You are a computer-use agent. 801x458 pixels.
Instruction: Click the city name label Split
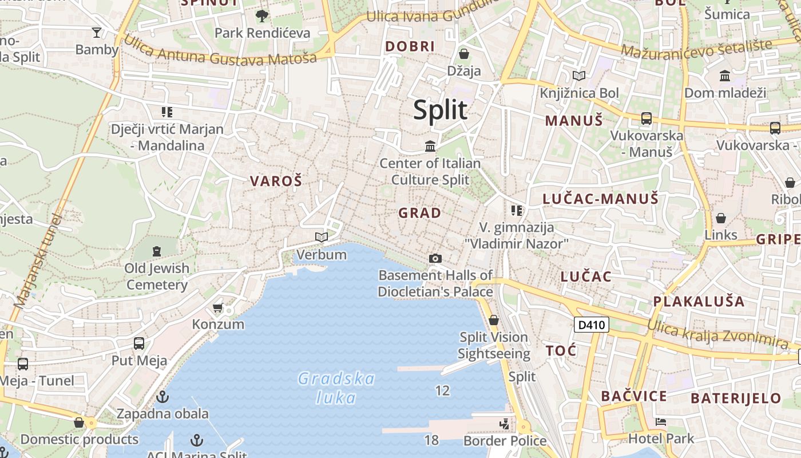point(440,109)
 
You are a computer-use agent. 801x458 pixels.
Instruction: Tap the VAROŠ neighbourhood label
point(276,181)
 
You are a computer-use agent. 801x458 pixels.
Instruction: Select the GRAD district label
point(420,213)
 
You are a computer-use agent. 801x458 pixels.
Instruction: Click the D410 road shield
point(592,325)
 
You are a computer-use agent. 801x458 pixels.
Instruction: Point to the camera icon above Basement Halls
point(435,259)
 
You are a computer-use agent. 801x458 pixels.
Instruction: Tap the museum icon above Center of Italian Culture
point(430,147)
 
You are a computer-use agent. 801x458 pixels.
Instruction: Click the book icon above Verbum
point(322,237)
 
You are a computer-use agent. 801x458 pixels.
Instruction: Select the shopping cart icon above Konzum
point(217,308)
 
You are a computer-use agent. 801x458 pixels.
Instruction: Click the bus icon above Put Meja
point(139,343)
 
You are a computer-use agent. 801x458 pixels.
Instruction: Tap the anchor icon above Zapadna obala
point(163,396)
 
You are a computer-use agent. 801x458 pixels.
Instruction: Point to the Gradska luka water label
point(336,388)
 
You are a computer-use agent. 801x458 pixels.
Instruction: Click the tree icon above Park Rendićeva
point(262,16)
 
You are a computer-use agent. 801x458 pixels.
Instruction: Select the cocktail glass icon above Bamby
point(96,32)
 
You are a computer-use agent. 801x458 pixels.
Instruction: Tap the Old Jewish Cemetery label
point(157,276)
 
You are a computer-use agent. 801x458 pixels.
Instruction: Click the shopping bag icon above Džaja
point(464,54)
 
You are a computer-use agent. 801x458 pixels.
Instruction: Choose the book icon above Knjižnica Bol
point(579,76)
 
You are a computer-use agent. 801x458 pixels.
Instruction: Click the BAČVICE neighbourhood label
point(634,396)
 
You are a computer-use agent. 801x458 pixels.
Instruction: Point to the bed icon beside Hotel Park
point(661,422)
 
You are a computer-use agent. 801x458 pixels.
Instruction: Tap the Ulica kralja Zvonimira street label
point(717,334)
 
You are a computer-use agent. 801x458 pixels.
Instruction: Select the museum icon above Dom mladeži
point(725,76)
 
